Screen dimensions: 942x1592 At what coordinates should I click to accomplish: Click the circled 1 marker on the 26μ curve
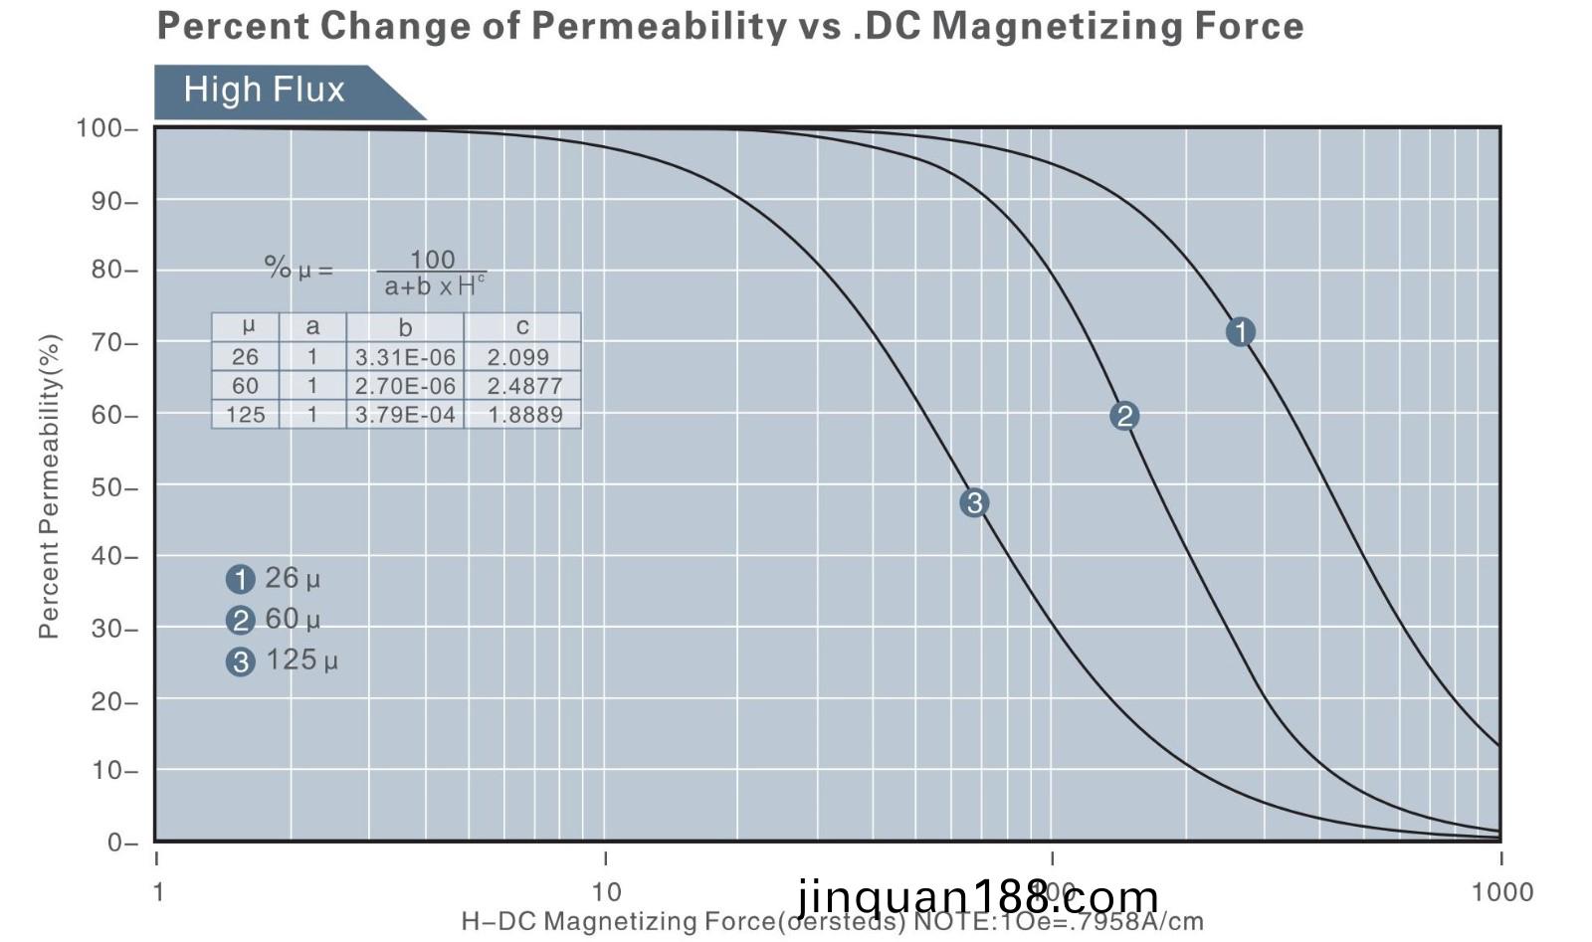[1240, 331]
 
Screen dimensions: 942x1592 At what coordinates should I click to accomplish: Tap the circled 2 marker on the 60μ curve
[1124, 416]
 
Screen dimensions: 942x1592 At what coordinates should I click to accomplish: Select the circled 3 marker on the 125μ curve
[974, 502]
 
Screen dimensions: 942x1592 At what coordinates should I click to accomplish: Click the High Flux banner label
[265, 90]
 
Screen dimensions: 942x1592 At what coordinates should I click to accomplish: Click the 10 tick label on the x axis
[605, 891]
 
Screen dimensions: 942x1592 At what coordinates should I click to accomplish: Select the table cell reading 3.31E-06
[405, 357]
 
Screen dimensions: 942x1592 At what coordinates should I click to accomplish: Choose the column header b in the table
[405, 327]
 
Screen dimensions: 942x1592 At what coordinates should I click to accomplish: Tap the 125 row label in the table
[245, 415]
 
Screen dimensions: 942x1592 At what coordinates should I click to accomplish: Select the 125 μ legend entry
[284, 660]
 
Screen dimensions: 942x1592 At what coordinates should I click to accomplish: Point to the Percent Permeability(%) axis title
[50, 485]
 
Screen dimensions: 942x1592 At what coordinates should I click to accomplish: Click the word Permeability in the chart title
[658, 25]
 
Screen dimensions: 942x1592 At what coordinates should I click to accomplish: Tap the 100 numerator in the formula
[432, 260]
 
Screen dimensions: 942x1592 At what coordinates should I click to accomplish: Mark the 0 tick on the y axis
[116, 843]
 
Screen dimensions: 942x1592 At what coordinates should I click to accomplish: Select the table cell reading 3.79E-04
[405, 415]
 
